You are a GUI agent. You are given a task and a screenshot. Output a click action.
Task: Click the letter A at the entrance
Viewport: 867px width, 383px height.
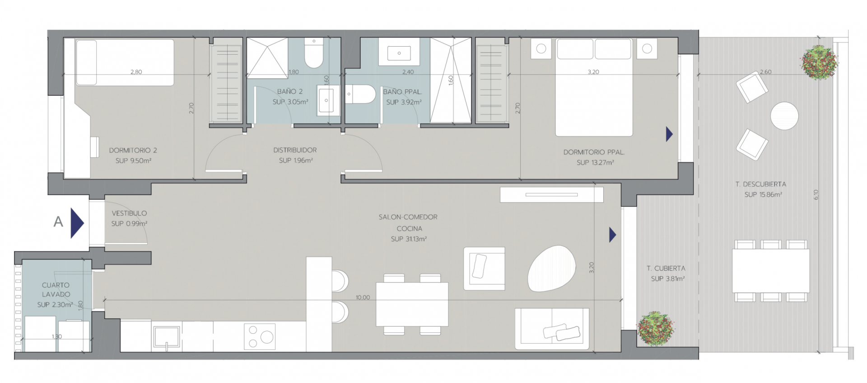point(58,222)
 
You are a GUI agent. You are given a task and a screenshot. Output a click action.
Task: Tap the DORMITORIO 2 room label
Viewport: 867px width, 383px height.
point(133,151)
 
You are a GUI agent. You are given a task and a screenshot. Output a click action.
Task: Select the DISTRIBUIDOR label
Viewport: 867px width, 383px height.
point(295,150)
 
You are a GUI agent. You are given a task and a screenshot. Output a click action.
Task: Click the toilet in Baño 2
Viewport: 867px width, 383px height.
point(314,53)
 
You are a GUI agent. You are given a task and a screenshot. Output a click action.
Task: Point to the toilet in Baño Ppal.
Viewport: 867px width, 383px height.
point(360,94)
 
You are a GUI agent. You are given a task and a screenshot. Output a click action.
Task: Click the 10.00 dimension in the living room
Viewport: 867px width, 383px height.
point(363,298)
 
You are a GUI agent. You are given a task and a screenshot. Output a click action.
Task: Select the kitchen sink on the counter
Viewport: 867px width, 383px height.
point(167,338)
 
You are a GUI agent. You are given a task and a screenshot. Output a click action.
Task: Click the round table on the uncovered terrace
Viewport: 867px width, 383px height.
point(784,116)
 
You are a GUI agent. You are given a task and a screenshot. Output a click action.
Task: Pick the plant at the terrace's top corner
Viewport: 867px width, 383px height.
point(819,62)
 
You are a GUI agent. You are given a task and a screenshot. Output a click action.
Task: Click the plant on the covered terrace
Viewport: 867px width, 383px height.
point(656,328)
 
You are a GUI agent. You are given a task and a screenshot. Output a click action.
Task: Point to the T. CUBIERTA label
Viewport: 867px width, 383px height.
point(666,269)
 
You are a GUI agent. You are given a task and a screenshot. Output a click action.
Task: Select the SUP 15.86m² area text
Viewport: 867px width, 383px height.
point(763,195)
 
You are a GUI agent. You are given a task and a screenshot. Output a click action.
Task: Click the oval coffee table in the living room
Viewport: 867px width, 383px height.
point(552,269)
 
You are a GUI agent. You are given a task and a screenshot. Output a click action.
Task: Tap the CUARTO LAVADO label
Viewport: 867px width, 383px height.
point(56,290)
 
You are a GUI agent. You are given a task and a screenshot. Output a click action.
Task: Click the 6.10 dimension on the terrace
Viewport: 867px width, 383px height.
point(816,195)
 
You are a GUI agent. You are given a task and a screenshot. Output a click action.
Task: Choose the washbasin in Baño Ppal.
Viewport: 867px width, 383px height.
point(399,53)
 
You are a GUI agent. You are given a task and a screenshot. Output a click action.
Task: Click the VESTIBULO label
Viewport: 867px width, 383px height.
point(129,213)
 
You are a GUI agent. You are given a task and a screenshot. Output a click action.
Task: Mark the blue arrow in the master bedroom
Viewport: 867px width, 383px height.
point(669,134)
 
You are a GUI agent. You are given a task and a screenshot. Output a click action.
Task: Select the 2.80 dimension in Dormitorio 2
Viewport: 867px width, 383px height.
point(136,72)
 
